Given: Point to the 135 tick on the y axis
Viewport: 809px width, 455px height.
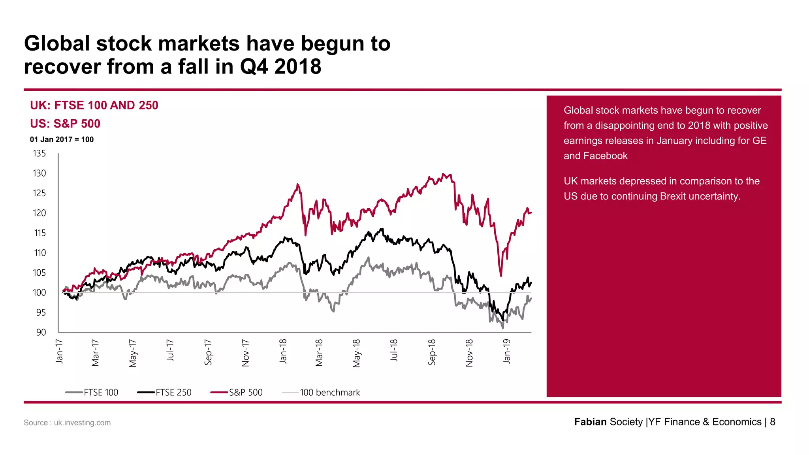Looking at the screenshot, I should pos(39,153).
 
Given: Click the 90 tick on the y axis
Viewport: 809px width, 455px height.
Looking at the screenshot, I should pos(41,332).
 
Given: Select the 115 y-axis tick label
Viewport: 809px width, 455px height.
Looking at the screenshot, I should pos(40,233).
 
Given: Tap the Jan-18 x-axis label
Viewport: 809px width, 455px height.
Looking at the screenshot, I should pos(283,351).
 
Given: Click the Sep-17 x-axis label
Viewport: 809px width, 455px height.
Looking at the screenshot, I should pos(208,352).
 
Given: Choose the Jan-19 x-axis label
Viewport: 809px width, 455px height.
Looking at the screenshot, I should pos(507,351).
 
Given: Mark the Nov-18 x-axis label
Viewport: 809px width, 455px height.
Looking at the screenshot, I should pos(469,352).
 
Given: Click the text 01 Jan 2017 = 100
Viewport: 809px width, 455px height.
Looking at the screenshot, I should pos(62,139).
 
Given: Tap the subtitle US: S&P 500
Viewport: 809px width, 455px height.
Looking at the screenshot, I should pos(65,124).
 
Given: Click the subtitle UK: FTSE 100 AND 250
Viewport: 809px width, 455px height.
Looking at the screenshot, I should pos(94,105).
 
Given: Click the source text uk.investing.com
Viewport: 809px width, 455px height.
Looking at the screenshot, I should pos(82,423).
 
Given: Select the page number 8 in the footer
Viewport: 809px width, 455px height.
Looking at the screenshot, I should pos(773,422).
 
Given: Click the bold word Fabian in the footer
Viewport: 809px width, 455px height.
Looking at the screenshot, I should pos(590,422).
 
